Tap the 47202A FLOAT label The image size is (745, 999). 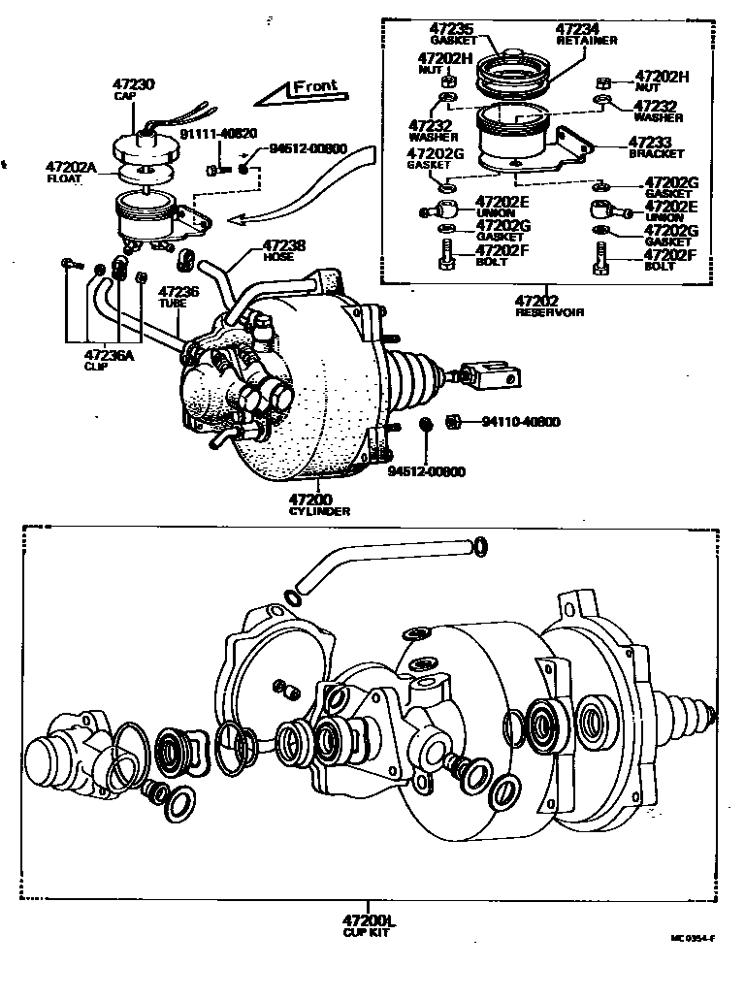pos(72,172)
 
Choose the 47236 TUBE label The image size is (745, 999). pos(178,296)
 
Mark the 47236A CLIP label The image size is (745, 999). pos(107,360)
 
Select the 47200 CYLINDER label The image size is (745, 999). pos(319,503)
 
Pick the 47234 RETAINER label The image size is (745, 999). pos(586,35)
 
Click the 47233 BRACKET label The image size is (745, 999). pos(656,147)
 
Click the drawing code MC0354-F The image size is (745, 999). pos(693,939)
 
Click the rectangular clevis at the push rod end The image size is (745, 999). pos(491,373)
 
